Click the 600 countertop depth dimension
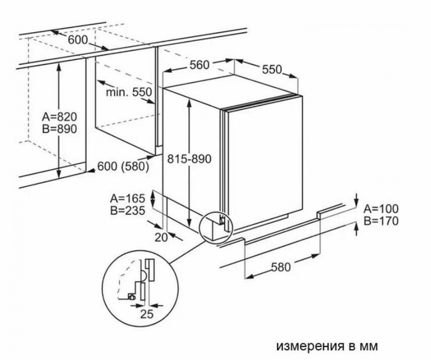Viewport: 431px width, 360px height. click(78, 40)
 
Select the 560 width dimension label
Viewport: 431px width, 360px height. click(199, 65)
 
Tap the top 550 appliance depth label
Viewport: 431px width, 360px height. click(272, 70)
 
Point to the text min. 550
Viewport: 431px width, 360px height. click(129, 92)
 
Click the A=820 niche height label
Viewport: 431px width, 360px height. click(59, 117)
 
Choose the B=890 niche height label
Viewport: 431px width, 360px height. click(59, 129)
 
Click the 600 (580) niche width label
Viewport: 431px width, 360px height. click(123, 167)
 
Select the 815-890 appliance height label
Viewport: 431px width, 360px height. click(190, 159)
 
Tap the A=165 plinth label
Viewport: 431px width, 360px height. click(127, 198)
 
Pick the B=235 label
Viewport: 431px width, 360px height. click(127, 211)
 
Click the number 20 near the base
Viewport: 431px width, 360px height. click(161, 237)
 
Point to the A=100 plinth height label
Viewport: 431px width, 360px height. click(381, 209)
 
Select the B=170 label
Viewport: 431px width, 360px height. click(381, 221)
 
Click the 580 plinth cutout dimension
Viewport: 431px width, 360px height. click(281, 267)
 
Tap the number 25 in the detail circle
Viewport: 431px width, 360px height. click(147, 314)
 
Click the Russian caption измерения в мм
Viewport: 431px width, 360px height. click(327, 346)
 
